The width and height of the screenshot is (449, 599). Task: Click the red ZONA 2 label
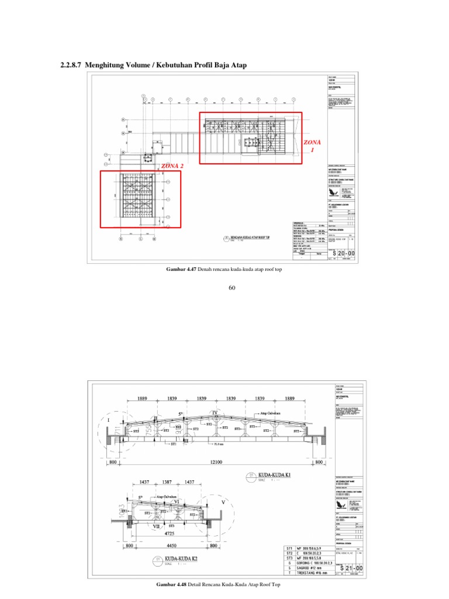point(172,166)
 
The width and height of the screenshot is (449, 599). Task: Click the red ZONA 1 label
point(312,146)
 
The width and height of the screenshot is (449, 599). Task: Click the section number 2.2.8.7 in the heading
point(71,66)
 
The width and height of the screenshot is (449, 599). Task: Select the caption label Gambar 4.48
point(172,585)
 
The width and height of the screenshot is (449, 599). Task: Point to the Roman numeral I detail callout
point(108,420)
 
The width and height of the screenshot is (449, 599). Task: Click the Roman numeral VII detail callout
point(156,526)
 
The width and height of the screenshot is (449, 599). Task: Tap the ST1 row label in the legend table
point(289,549)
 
